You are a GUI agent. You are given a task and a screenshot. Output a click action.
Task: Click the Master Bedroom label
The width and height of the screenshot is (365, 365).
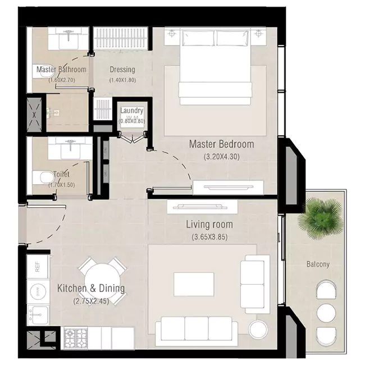click(x=221, y=144)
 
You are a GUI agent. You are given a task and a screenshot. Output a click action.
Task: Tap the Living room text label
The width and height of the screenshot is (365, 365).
click(x=209, y=225)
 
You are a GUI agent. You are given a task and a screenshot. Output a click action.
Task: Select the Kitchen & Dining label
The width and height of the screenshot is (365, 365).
click(x=91, y=289)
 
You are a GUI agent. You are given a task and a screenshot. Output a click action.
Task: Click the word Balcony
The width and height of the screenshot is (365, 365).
click(x=318, y=264)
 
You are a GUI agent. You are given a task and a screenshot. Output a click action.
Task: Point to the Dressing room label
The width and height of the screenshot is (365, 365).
click(x=122, y=70)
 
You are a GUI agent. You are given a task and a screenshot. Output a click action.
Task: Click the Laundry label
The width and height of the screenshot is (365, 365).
click(x=132, y=111)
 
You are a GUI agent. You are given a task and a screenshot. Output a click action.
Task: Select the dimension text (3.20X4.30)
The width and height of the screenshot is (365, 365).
click(x=221, y=157)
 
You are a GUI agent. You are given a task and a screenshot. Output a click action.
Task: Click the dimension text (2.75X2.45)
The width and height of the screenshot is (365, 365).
click(x=91, y=301)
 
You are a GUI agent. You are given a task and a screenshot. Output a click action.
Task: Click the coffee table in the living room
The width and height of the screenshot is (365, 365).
click(x=194, y=284)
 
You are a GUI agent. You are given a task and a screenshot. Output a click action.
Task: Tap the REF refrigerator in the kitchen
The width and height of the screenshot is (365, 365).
click(x=38, y=266)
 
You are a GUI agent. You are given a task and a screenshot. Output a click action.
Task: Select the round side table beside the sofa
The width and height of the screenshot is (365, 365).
click(x=258, y=330)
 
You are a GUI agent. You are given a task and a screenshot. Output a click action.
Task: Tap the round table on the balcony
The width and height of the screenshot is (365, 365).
click(x=326, y=312)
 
